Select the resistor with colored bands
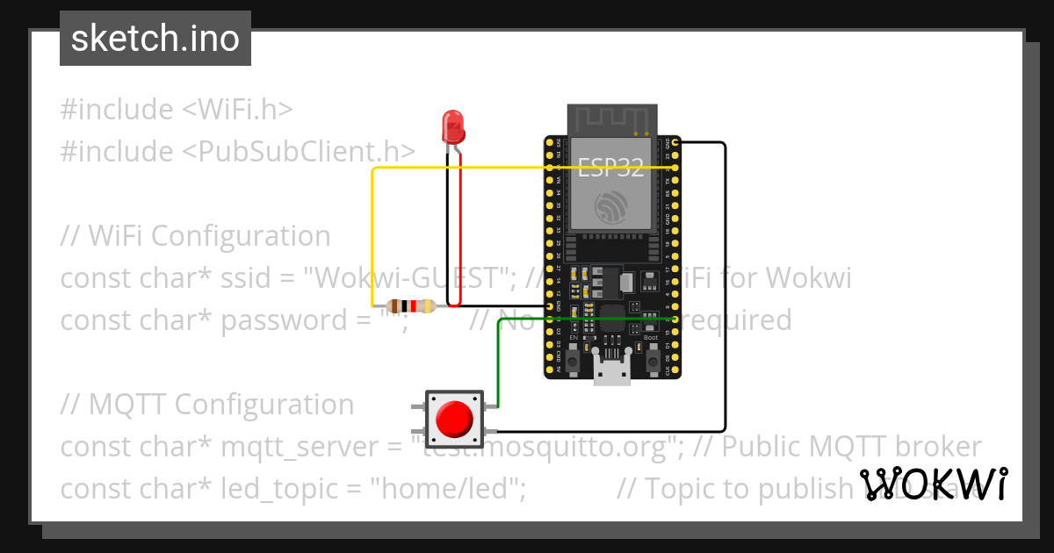click(412, 306)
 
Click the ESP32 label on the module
click(610, 168)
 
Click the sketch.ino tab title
click(155, 39)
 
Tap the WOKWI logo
click(934, 484)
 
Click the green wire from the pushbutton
click(499, 360)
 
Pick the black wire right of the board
click(725, 290)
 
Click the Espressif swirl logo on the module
click(610, 209)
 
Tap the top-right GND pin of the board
click(674, 142)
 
